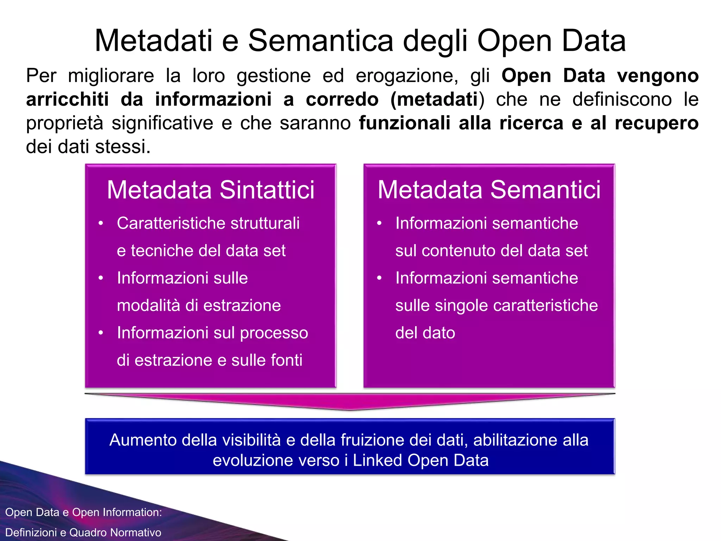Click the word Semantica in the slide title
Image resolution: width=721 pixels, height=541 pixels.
point(320,41)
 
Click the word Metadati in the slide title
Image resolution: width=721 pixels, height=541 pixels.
point(153,41)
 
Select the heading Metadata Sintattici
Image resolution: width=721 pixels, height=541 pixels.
point(211,190)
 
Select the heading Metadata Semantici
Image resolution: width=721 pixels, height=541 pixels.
point(489,190)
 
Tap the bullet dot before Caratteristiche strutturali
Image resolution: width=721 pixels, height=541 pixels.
point(101,223)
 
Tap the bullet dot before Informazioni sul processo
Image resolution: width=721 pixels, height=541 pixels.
point(101,333)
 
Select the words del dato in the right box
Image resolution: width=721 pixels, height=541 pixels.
point(425,333)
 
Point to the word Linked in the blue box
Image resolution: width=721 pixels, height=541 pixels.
point(377,460)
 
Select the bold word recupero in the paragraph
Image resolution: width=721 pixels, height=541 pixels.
point(657,124)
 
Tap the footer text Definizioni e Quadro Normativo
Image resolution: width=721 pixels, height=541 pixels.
point(83,532)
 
